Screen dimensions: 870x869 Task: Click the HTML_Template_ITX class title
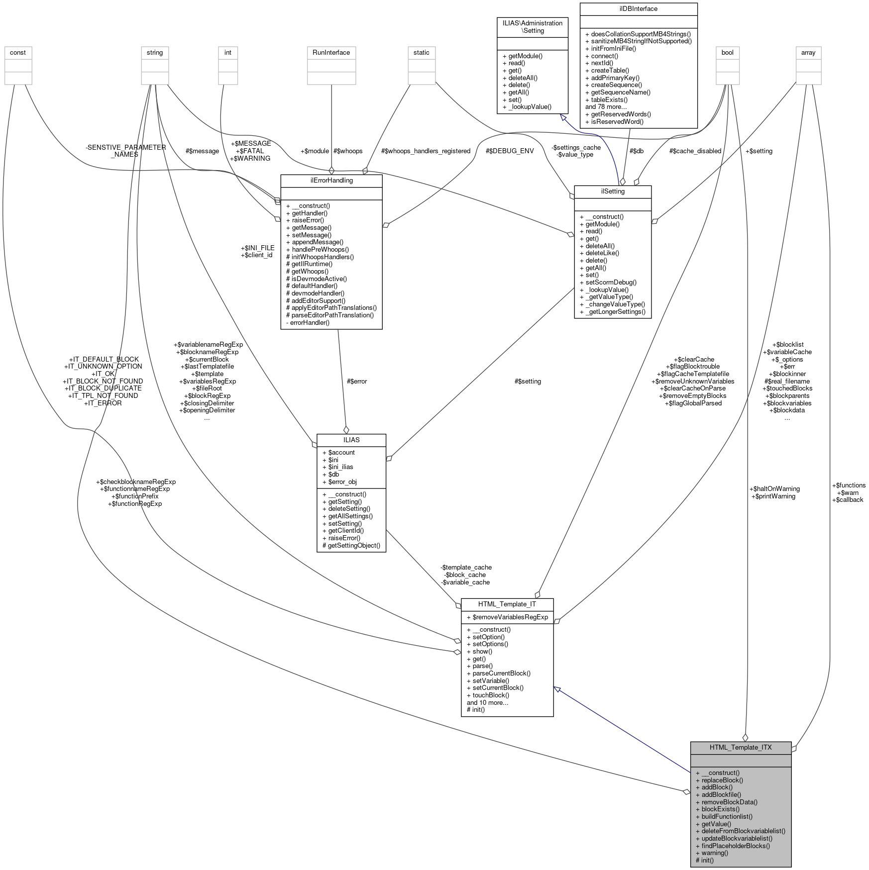pos(740,747)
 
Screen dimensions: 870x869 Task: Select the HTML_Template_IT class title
pos(507,604)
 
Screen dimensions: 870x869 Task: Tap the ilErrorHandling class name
pos(331,181)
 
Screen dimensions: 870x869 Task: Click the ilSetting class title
pos(612,192)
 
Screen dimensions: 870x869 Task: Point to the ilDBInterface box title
pos(638,9)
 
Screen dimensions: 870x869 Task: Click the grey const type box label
pos(17,53)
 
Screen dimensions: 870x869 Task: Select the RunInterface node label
pos(331,53)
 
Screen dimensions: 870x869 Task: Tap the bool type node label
pos(727,53)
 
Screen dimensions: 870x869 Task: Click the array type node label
pos(808,53)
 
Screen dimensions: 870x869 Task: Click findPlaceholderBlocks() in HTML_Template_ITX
pos(735,846)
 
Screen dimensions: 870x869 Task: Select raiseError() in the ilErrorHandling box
pos(308,220)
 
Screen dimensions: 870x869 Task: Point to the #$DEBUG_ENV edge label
pos(510,151)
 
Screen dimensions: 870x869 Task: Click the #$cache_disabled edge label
pos(695,151)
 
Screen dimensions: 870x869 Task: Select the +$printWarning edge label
pos(775,496)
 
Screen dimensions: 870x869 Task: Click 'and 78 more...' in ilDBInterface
pos(606,107)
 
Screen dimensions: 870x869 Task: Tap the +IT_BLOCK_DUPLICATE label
pos(103,388)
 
